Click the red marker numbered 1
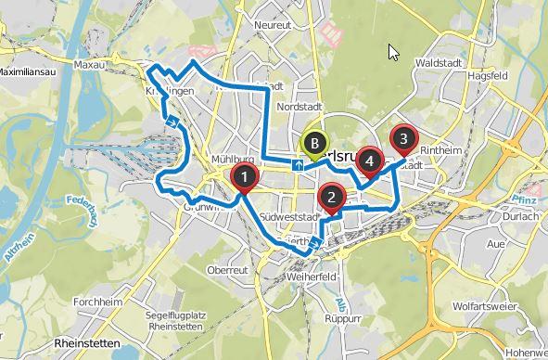click(243, 176)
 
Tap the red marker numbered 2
click(330, 197)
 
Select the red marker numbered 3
click(402, 139)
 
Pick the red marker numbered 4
click(370, 161)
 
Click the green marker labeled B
click(315, 144)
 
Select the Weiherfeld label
click(312, 277)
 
